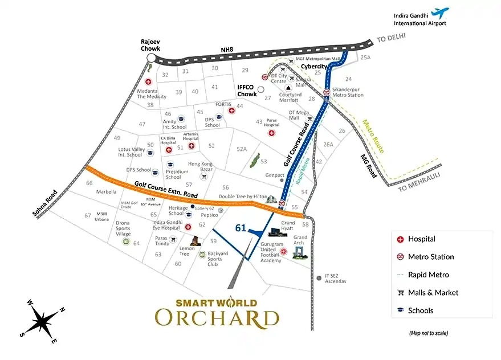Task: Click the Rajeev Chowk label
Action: pyautogui.click(x=152, y=45)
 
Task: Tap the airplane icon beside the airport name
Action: pyautogui.click(x=439, y=12)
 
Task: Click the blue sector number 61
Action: pyautogui.click(x=241, y=228)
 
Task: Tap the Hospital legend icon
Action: pyautogui.click(x=400, y=239)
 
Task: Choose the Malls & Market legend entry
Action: pyautogui.click(x=433, y=293)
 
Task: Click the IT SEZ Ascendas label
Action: pyautogui.click(x=335, y=279)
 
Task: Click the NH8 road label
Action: pyautogui.click(x=227, y=50)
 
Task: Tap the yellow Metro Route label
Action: pyautogui.click(x=373, y=136)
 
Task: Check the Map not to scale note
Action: pyautogui.click(x=428, y=333)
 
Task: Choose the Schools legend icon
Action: pyautogui.click(x=400, y=310)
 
